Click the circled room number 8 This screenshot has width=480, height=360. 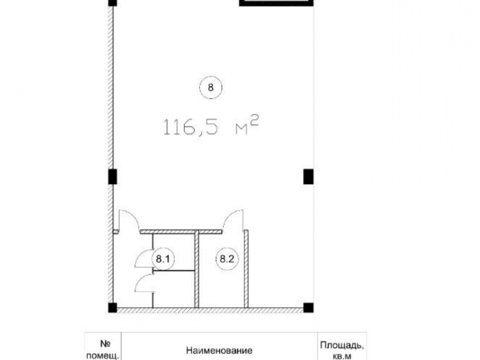[x=211, y=87]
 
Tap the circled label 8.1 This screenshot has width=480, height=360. [x=163, y=259]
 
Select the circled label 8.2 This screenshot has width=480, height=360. [x=227, y=259]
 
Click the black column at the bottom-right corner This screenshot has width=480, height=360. [x=308, y=308]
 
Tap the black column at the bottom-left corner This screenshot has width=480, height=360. [x=113, y=308]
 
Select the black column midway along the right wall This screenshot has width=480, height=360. [x=308, y=177]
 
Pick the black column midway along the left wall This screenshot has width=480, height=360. [x=113, y=177]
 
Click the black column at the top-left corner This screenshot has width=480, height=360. [x=113, y=3]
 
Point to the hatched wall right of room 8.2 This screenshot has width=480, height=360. [x=246, y=268]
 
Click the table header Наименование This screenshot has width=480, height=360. [x=219, y=350]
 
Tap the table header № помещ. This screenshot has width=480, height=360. [x=103, y=350]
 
